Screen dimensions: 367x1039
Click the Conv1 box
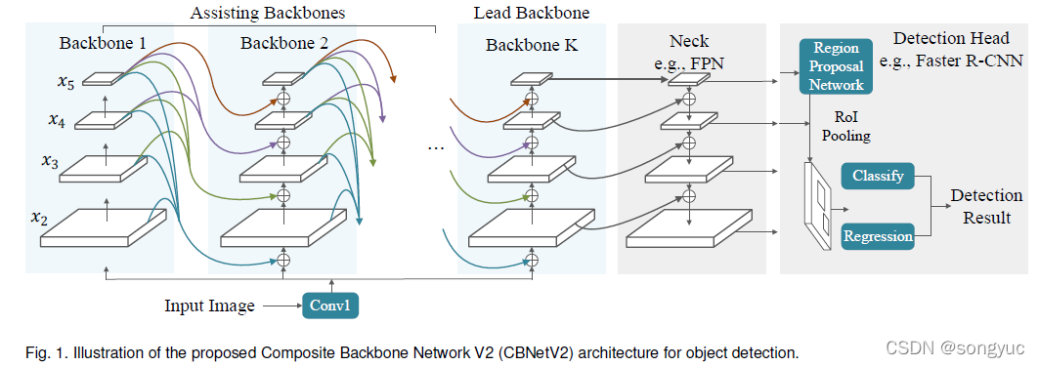331,306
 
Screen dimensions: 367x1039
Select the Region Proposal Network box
835,67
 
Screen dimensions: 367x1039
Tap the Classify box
877,177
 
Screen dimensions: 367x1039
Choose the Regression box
878,235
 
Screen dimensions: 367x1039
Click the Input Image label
209,306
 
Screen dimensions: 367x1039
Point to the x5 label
65,83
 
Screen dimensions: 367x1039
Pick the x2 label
39,216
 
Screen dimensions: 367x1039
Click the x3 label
49,160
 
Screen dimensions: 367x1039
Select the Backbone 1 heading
102,44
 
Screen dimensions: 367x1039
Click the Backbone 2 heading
283,44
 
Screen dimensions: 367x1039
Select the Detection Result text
986,206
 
